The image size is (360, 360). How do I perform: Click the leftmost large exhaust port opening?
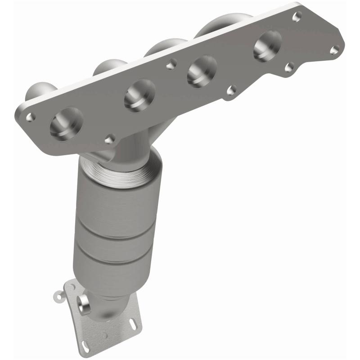[67, 122]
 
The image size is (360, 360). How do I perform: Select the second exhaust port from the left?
[139, 95]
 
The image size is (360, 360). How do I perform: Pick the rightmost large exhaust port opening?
[267, 46]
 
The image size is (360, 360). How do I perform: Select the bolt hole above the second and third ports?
[170, 66]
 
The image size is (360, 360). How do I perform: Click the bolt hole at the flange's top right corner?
[296, 17]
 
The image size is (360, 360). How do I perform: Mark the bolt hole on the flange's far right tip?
[334, 50]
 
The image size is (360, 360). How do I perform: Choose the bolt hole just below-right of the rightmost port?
[290, 67]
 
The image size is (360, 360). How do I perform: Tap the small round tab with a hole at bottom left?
[57, 297]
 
